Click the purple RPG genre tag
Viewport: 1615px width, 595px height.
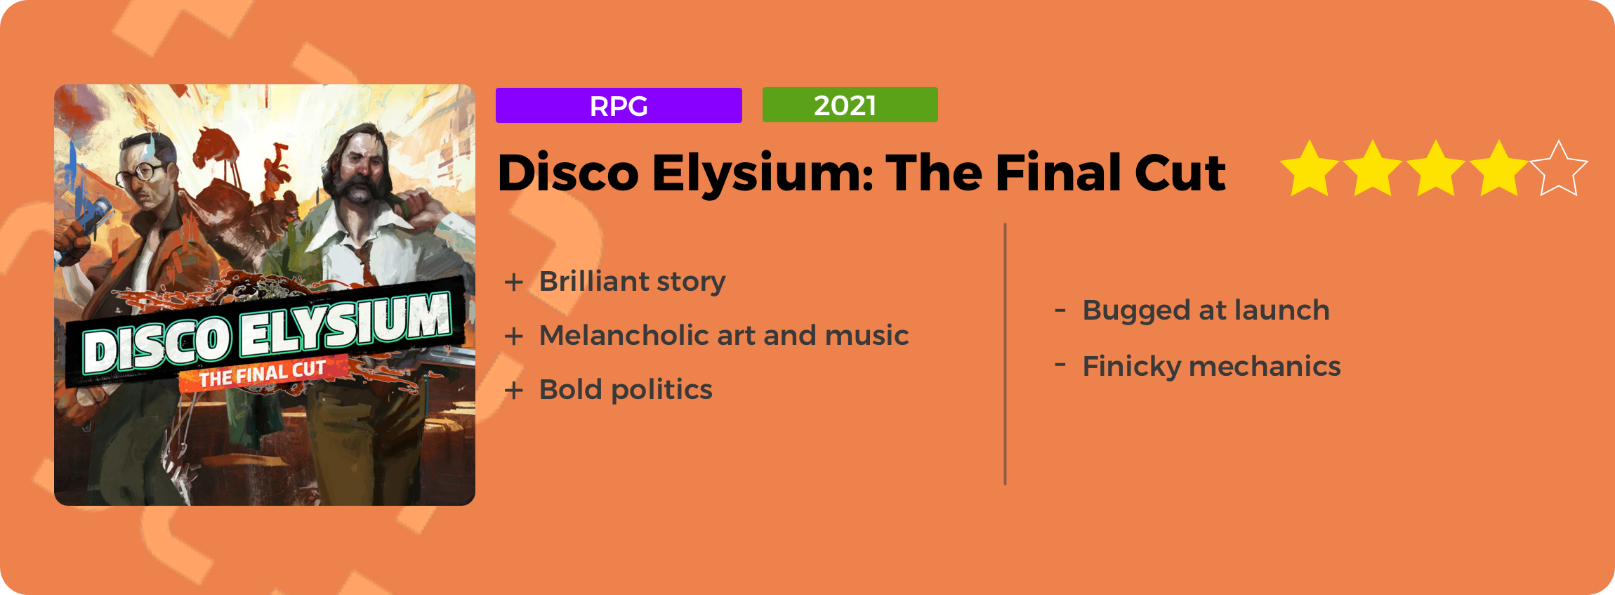pos(619,105)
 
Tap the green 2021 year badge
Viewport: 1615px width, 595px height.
pos(850,105)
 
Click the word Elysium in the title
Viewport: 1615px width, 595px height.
pos(763,174)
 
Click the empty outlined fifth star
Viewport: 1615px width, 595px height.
pos(1559,169)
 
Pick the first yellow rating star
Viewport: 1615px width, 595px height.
pos(1309,169)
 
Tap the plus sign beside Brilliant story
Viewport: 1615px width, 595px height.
pos(514,282)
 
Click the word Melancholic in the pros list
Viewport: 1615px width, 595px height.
pos(624,335)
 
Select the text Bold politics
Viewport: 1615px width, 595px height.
pos(626,389)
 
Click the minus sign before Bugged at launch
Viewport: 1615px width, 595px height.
pos(1060,309)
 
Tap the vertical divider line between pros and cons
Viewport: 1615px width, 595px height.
pos(1006,354)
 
